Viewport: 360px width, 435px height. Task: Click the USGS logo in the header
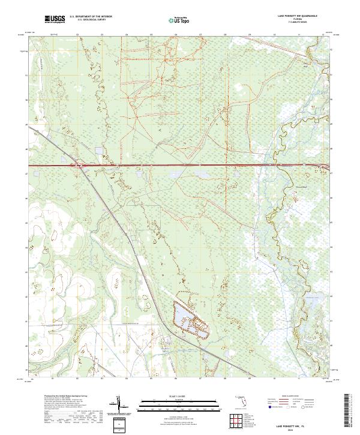point(55,19)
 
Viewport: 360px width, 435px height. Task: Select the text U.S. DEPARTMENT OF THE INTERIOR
point(91,17)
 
